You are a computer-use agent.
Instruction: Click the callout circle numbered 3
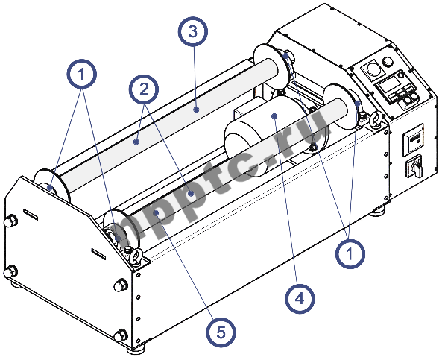click(x=193, y=33)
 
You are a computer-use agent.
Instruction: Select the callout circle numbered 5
click(x=218, y=332)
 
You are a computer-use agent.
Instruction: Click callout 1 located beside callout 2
click(x=82, y=75)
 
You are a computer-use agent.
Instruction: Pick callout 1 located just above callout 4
click(x=350, y=253)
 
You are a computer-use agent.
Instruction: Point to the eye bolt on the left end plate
click(x=136, y=257)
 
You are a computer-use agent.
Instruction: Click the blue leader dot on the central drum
click(x=275, y=116)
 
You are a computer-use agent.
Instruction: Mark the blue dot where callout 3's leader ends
click(x=195, y=109)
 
